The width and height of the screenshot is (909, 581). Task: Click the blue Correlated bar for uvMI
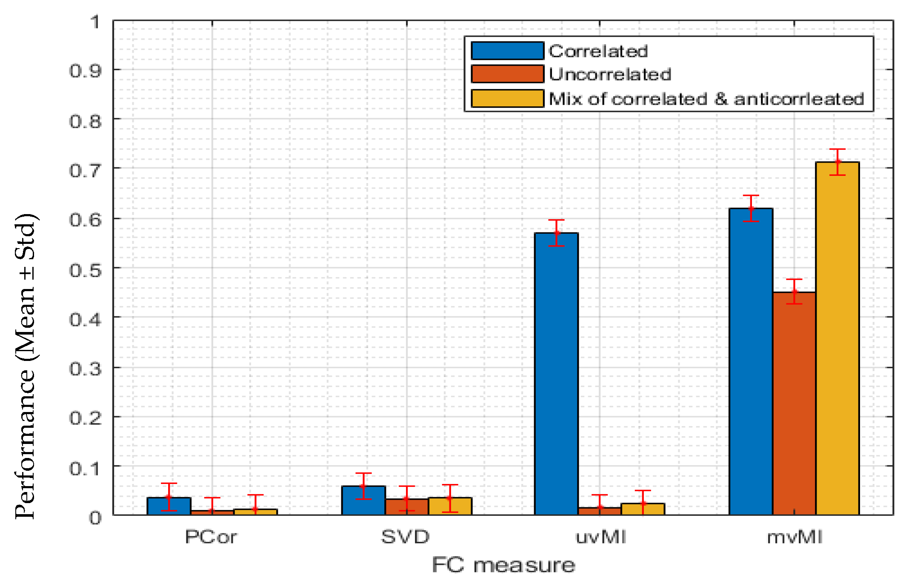(556, 375)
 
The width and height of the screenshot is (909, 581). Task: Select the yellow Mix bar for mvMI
(837, 341)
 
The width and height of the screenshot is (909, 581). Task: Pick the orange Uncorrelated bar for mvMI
(794, 404)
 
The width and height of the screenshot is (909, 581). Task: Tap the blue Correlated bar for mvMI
(751, 362)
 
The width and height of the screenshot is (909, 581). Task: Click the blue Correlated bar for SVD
(363, 501)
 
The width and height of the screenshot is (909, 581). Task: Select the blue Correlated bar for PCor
(169, 507)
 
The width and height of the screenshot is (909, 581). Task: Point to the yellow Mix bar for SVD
(450, 507)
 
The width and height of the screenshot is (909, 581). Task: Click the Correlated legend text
(598, 51)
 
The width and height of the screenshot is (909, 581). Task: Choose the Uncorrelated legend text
(610, 74)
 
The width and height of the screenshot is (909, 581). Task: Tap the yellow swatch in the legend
(507, 99)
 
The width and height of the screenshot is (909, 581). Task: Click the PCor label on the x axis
(211, 537)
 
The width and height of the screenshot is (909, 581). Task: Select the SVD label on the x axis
(405, 537)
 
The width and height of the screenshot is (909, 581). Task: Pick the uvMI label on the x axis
(600, 537)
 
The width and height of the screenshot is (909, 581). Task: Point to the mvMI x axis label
(795, 537)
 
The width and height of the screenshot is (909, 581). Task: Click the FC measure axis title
(503, 565)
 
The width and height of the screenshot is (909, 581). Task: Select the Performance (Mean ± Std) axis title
(26, 366)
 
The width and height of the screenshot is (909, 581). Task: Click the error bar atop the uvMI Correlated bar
(556, 233)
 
